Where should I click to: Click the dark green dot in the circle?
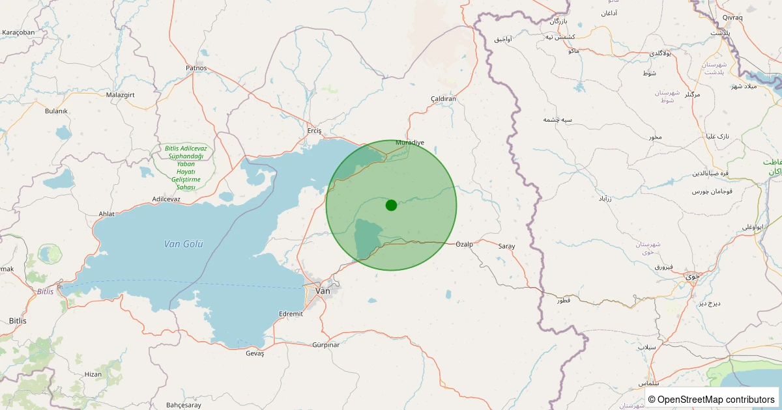point(391,205)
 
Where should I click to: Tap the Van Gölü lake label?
point(184,244)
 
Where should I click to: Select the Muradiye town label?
point(410,142)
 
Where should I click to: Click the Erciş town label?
point(315,131)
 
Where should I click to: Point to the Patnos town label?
point(196,68)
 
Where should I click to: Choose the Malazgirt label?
point(120,94)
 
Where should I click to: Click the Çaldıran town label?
point(443,99)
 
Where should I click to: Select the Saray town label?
point(506,247)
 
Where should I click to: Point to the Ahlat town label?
point(106,213)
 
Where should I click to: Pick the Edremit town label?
point(291,314)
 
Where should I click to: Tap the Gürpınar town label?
point(326,344)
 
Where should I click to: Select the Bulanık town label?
point(56,111)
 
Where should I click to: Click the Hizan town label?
point(93,374)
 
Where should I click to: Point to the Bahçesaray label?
point(184,405)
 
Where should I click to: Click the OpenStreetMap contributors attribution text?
point(712,399)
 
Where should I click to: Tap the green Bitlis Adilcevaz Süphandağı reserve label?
point(186,167)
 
